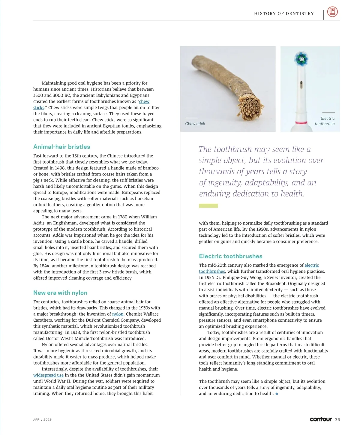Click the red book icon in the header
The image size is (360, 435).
(x=332, y=12)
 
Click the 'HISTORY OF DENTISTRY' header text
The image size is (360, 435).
(x=284, y=13)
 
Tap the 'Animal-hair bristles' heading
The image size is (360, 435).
(x=62, y=147)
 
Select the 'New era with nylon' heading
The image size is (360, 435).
(x=60, y=293)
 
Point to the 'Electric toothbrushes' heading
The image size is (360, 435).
(x=230, y=256)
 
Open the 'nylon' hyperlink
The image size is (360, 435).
(x=118, y=314)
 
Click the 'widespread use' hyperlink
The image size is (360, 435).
(x=48, y=375)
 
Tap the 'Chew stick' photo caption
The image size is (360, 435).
(x=195, y=124)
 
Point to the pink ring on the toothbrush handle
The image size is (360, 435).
(x=301, y=122)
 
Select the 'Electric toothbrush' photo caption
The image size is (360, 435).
(x=325, y=121)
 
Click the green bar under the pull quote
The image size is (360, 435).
(x=208, y=206)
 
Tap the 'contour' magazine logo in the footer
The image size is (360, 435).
(x=321, y=419)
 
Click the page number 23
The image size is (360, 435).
(x=337, y=420)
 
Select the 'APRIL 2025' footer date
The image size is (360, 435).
(x=42, y=420)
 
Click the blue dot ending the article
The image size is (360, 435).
(x=277, y=394)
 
